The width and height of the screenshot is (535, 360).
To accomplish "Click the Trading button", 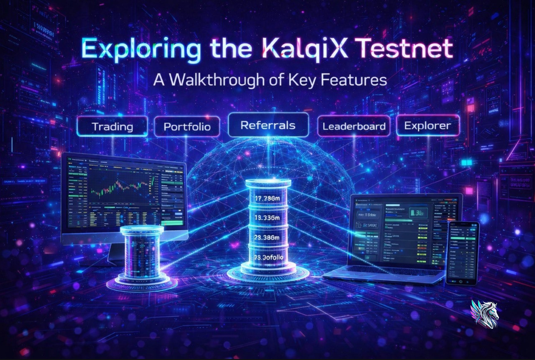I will tap(112, 126).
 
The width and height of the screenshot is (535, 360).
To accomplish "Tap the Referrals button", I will tap(268, 125).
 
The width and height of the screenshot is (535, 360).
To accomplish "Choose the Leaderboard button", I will tap(354, 126).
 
